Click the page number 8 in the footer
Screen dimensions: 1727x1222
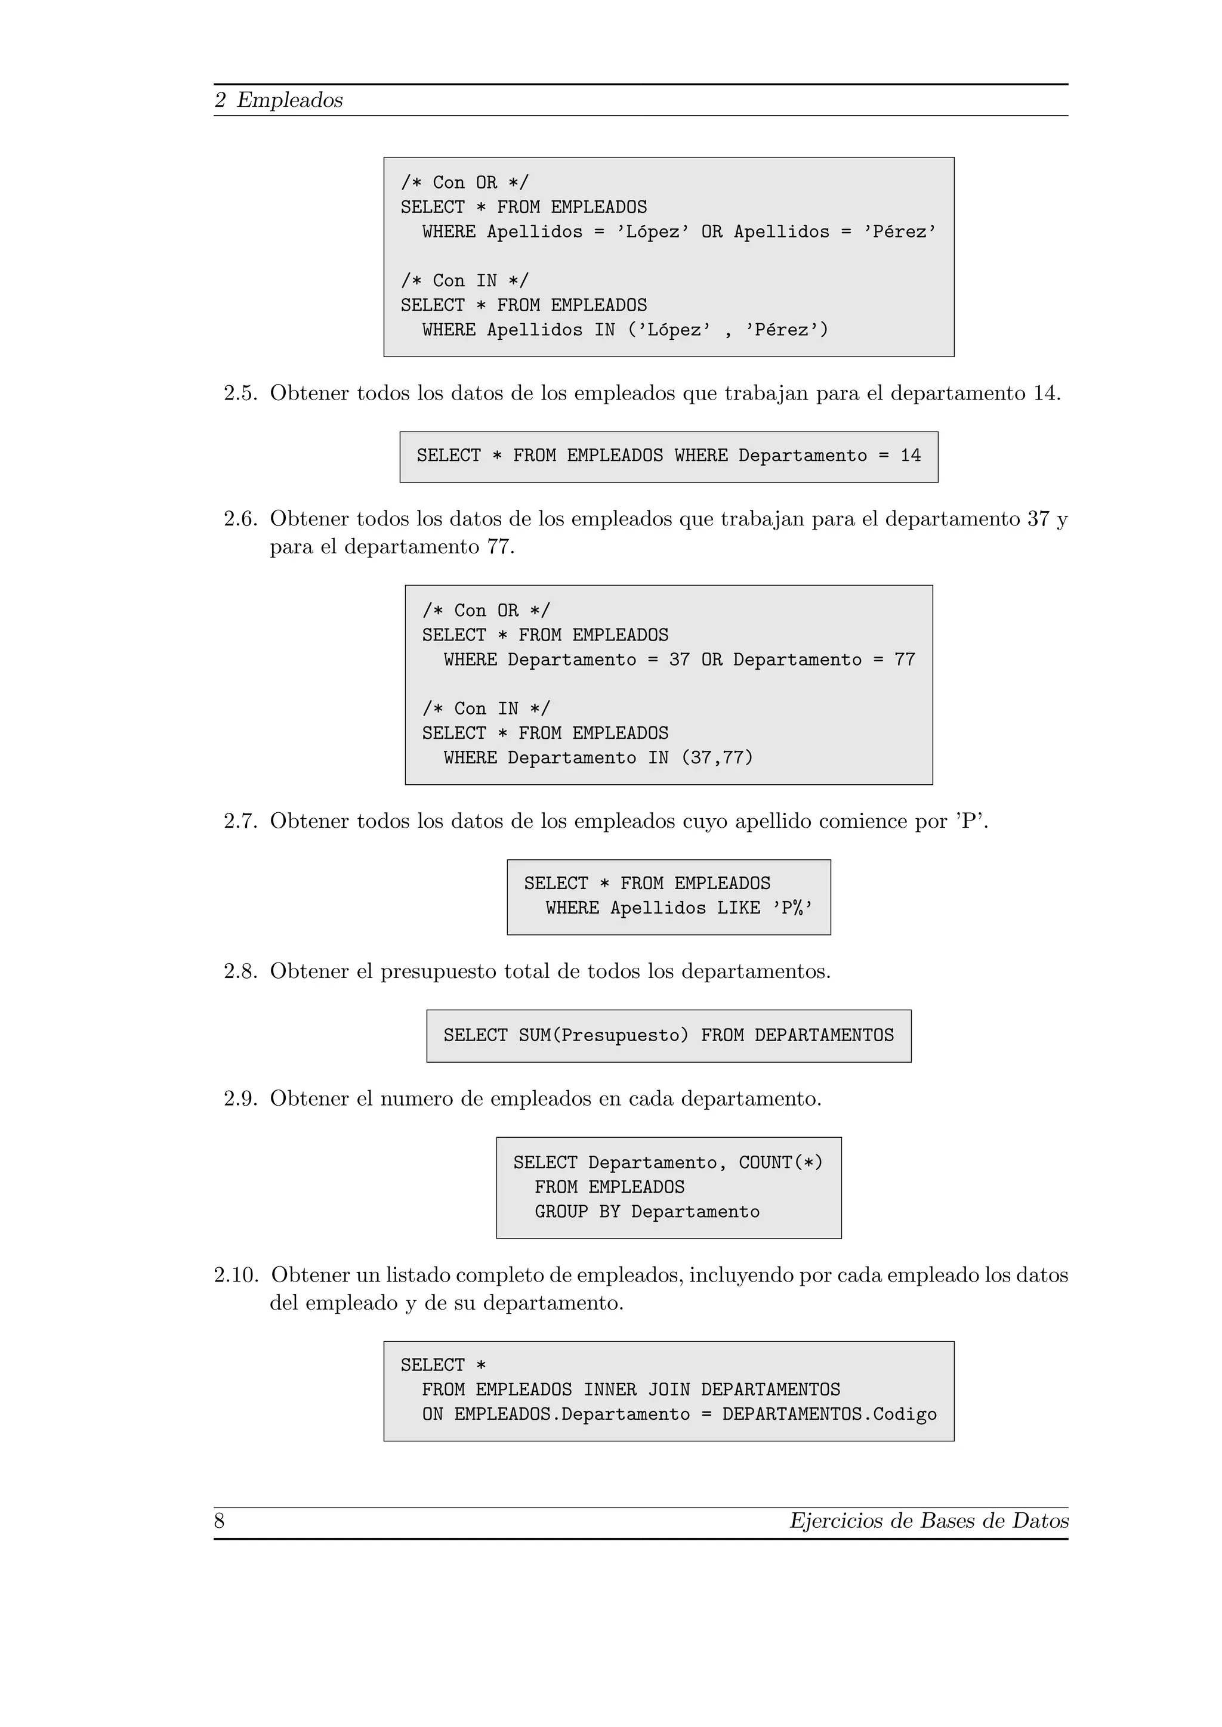pyautogui.click(x=220, y=1521)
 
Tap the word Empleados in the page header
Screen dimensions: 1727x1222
pyautogui.click(x=290, y=100)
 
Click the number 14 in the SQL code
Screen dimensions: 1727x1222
pyautogui.click(x=911, y=456)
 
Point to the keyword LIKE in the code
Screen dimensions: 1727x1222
pyautogui.click(x=738, y=909)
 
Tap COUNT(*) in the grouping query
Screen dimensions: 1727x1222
pyautogui.click(x=780, y=1163)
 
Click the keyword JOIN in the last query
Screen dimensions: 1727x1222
pyautogui.click(x=669, y=1390)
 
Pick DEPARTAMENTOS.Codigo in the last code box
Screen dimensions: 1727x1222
pyautogui.click(x=829, y=1415)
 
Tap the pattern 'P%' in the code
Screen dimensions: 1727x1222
pyautogui.click(x=792, y=909)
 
